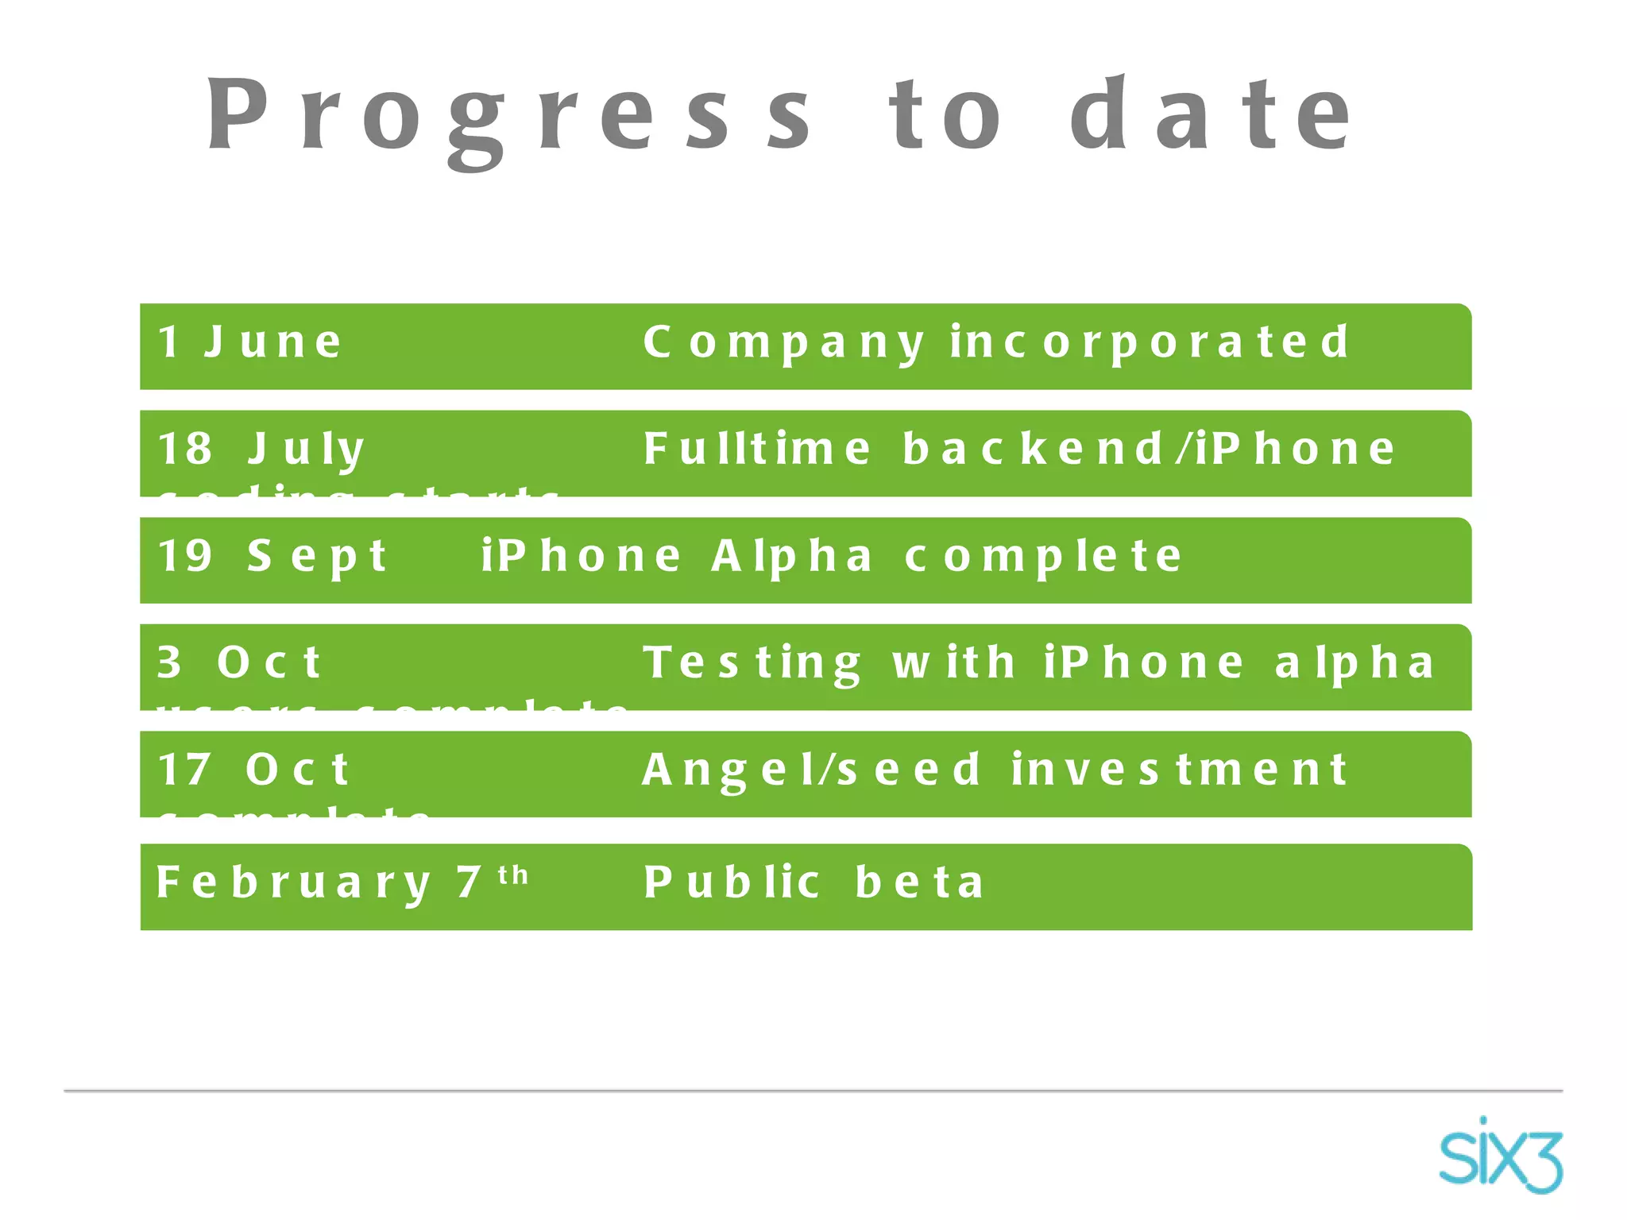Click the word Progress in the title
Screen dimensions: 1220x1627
(508, 115)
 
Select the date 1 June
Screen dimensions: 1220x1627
(250, 342)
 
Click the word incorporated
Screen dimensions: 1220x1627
(1150, 342)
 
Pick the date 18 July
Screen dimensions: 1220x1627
(261, 450)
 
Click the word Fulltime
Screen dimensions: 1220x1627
(757, 449)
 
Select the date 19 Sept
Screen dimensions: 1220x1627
(272, 556)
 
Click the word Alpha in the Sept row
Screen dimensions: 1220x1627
(792, 557)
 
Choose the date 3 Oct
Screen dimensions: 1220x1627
(239, 662)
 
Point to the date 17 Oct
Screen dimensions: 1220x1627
(253, 770)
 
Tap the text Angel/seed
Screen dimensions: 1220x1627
(811, 770)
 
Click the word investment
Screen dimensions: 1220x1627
(1180, 770)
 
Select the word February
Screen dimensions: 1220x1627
(294, 883)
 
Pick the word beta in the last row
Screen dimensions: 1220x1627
(920, 882)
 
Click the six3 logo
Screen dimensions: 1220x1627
(1500, 1156)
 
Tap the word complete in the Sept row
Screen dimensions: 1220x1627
(1044, 557)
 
